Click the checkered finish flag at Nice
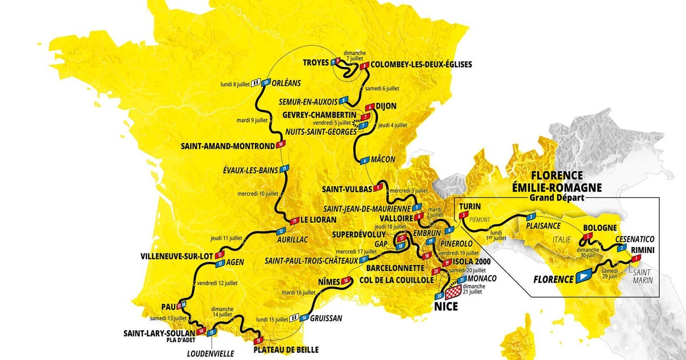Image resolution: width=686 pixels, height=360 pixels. pyautogui.click(x=452, y=293)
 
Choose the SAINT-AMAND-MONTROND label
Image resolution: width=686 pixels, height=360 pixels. pyautogui.click(x=229, y=146)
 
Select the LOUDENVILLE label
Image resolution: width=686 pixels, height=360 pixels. pyautogui.click(x=210, y=354)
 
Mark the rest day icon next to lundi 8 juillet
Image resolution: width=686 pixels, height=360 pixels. pyautogui.click(x=256, y=82)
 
